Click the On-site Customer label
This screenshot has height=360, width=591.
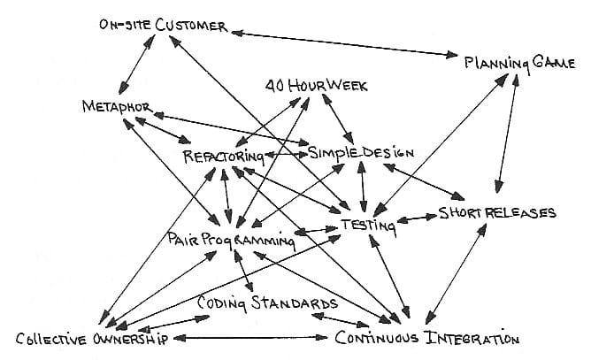pyautogui.click(x=163, y=26)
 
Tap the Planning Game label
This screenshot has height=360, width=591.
pyautogui.click(x=519, y=63)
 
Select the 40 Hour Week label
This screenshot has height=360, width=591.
pyautogui.click(x=316, y=86)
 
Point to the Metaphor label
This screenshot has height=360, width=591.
pyautogui.click(x=118, y=107)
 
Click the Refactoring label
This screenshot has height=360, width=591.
pyautogui.click(x=224, y=157)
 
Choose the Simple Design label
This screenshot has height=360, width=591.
pyautogui.click(x=361, y=153)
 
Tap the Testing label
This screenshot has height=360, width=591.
pyautogui.click(x=369, y=226)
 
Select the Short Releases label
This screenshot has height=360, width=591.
pyautogui.click(x=497, y=213)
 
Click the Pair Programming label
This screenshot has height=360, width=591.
pyautogui.click(x=231, y=240)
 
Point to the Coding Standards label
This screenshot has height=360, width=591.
pyautogui.click(x=267, y=303)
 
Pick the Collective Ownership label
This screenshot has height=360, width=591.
pyautogui.click(x=92, y=339)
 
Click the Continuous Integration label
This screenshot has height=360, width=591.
pyautogui.click(x=427, y=337)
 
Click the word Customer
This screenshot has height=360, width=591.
pyautogui.click(x=191, y=26)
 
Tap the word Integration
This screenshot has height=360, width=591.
pyautogui.click(x=472, y=338)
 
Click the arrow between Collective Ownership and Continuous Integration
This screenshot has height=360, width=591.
pyautogui.click(x=250, y=338)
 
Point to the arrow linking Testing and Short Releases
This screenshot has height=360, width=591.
pyautogui.click(x=417, y=218)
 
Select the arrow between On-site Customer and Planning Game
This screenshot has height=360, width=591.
pyautogui.click(x=344, y=44)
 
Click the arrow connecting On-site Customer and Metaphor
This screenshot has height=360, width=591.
pyautogui.click(x=136, y=65)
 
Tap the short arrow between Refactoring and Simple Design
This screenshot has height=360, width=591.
pyautogui.click(x=287, y=154)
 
